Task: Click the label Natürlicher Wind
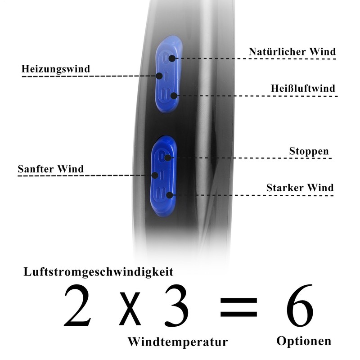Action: coord(292,52)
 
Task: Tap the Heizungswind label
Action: coord(56,69)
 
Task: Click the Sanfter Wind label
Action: coord(50,169)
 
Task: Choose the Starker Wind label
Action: coord(300,188)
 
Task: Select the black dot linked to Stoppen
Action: coord(167,157)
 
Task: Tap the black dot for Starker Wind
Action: coord(169,195)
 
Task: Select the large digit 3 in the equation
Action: coord(177,306)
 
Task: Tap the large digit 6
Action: coord(299,306)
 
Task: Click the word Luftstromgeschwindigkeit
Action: coord(98,272)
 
